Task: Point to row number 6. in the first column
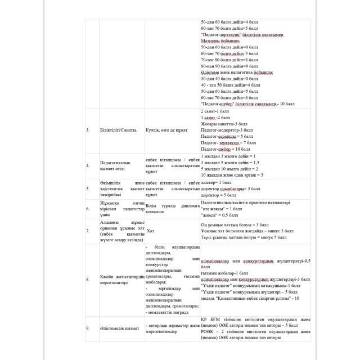click(x=88, y=209)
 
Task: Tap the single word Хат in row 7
click(x=150, y=231)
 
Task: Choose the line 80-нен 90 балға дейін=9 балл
click(x=228, y=66)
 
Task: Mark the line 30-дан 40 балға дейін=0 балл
click(x=228, y=79)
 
